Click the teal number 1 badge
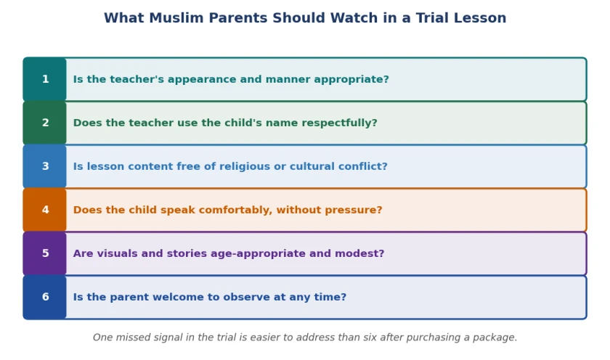point(45,79)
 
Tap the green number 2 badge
point(45,123)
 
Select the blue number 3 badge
point(45,166)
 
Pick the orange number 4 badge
point(45,210)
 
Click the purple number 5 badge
point(45,253)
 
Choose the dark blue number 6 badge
point(45,297)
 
